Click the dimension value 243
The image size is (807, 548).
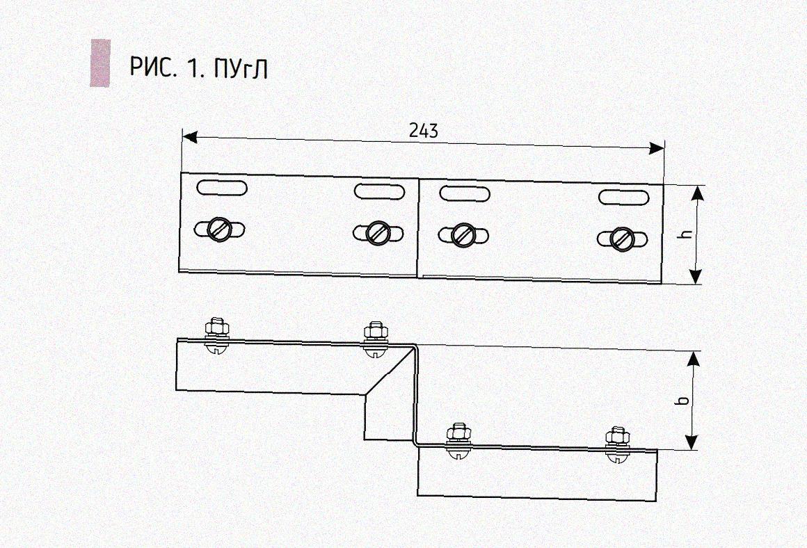[424, 131]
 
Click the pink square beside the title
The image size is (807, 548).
[100, 63]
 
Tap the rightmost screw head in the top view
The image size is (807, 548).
[622, 239]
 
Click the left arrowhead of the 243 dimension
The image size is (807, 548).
[190, 137]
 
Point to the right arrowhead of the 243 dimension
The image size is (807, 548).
[656, 149]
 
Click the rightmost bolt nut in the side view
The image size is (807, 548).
[616, 436]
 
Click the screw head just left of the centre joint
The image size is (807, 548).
[378, 232]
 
